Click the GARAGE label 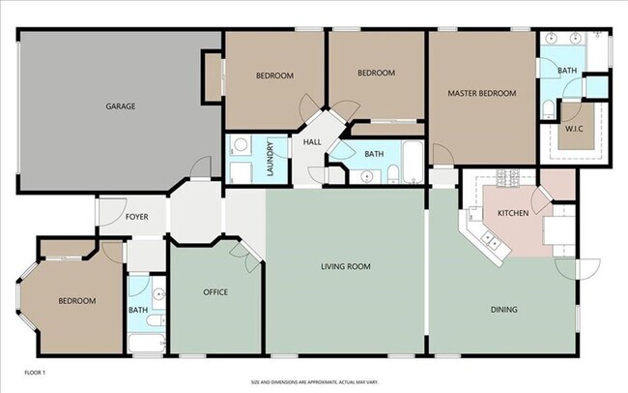coord(121,106)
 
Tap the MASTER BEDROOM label coord(481,94)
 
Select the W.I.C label coord(574,129)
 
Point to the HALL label coord(312,143)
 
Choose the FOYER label coord(137,217)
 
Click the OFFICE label coord(215,292)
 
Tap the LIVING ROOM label coord(346,266)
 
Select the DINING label coord(503,310)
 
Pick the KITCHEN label coord(513,212)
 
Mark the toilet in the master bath coord(548,107)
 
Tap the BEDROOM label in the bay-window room coord(77,301)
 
